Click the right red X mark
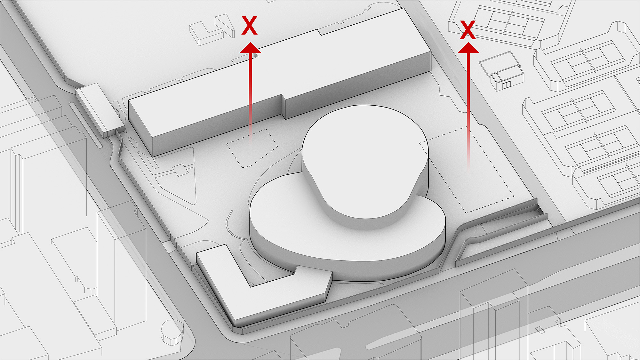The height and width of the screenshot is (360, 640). click(x=468, y=30)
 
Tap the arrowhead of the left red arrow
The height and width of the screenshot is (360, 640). click(x=250, y=48)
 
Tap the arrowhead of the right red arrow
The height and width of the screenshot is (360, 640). click(x=468, y=48)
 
